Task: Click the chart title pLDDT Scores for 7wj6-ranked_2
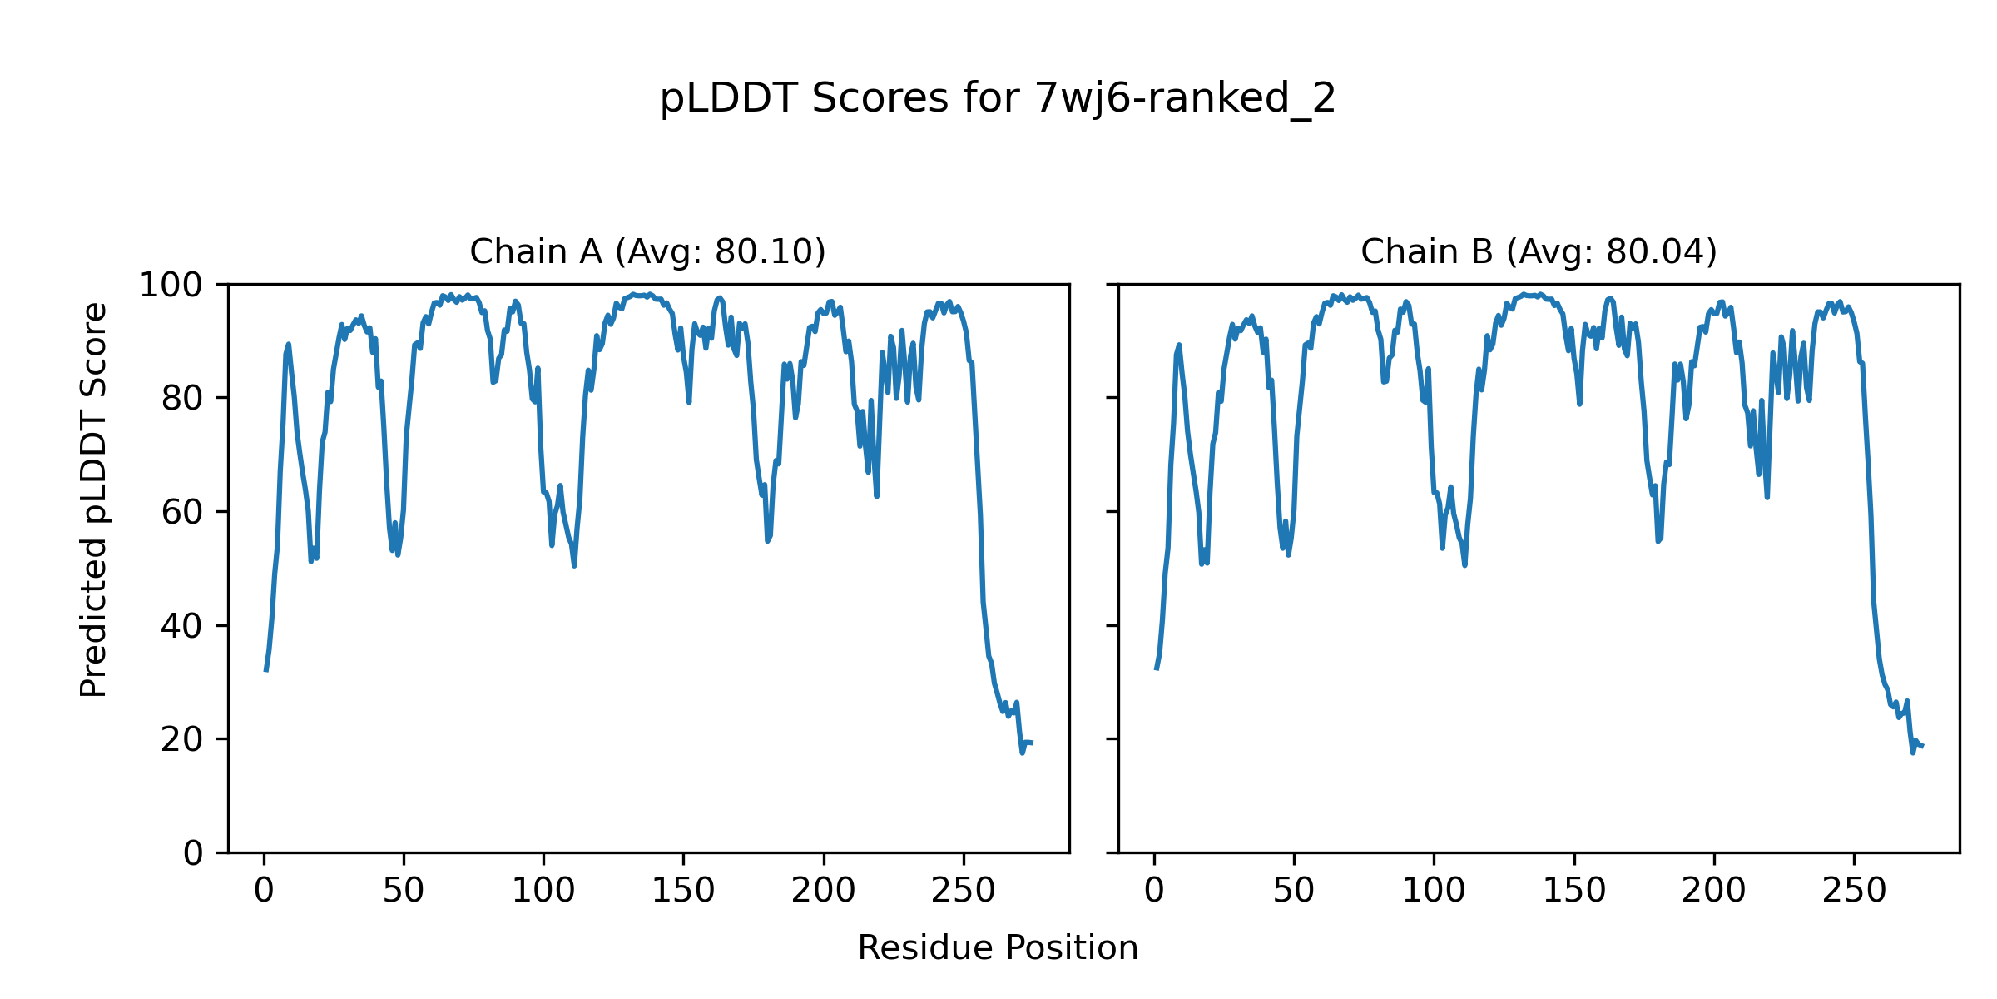[998, 99]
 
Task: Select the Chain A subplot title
[647, 251]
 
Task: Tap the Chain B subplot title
[1539, 251]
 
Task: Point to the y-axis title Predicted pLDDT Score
[94, 499]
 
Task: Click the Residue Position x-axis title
[998, 948]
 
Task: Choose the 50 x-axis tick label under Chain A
[404, 892]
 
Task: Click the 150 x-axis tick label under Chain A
[683, 892]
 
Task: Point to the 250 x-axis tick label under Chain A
[964, 892]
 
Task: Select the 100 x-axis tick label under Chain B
[1434, 892]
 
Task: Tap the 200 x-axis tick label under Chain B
[1713, 892]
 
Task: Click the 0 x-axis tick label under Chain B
[1154, 892]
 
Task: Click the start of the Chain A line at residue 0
[265, 670]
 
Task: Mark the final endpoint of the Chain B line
[1923, 746]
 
